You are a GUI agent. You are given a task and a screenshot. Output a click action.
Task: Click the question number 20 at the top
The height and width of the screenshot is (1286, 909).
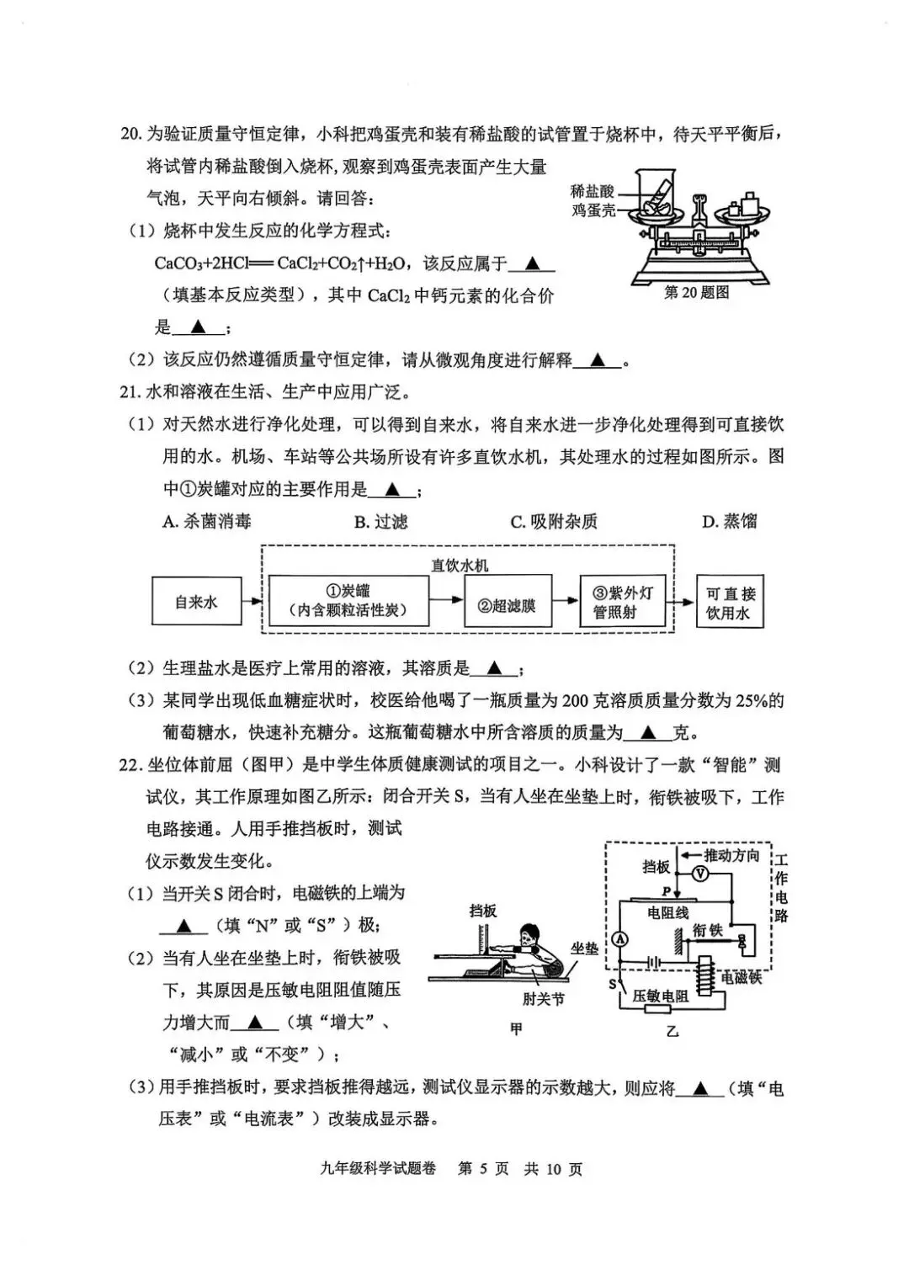131,134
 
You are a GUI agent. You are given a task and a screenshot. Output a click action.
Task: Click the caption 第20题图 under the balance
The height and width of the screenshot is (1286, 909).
696,292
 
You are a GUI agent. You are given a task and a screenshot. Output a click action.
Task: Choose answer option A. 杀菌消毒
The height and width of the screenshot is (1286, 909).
206,522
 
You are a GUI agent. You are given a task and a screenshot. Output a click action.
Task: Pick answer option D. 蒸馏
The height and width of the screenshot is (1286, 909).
729,522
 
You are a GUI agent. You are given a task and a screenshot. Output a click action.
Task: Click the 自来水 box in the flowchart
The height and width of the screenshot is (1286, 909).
196,602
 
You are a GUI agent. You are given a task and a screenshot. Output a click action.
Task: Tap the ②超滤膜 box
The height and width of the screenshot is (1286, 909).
507,604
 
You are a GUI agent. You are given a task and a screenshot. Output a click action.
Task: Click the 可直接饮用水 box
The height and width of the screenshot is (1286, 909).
731,603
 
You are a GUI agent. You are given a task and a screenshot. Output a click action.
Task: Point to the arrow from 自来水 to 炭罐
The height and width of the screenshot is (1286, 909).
252,602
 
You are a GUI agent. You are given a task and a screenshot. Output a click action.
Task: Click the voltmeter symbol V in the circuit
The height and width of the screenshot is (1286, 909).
699,875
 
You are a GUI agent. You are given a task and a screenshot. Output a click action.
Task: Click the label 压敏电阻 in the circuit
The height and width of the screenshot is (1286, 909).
661,996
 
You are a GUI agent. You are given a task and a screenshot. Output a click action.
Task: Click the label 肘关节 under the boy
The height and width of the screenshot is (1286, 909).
543,998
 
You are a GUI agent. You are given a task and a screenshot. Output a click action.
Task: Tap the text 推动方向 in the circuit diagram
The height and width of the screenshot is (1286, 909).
731,855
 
